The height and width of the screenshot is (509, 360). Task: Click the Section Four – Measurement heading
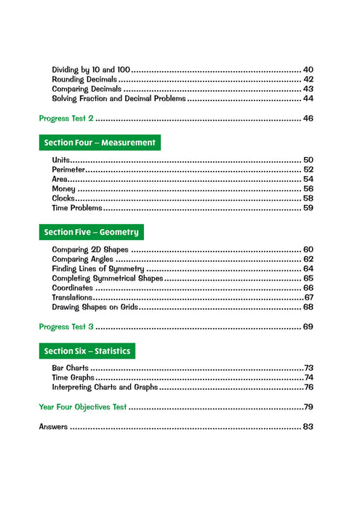pyautogui.click(x=100, y=143)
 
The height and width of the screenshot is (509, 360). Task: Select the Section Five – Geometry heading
pyautogui.click(x=91, y=232)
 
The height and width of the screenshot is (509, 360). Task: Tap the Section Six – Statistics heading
pyautogui.click(x=87, y=351)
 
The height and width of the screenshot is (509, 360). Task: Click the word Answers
pyautogui.click(x=53, y=427)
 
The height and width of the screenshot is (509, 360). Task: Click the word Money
pyautogui.click(x=64, y=188)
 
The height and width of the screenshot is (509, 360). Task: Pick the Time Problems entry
pyautogui.click(x=77, y=208)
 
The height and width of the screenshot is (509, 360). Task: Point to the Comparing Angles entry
pyautogui.click(x=82, y=259)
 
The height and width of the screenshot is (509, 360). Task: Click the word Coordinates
pyautogui.click(x=73, y=288)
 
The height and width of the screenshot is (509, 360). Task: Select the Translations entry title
pyautogui.click(x=72, y=297)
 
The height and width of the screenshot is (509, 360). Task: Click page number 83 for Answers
pyautogui.click(x=308, y=427)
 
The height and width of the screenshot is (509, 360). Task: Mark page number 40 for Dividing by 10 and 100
pyautogui.click(x=308, y=69)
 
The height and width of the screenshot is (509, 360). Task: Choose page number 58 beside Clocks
pyautogui.click(x=308, y=198)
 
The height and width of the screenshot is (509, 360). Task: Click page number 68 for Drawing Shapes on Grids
pyautogui.click(x=308, y=307)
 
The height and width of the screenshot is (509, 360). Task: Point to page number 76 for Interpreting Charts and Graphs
pyautogui.click(x=308, y=388)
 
